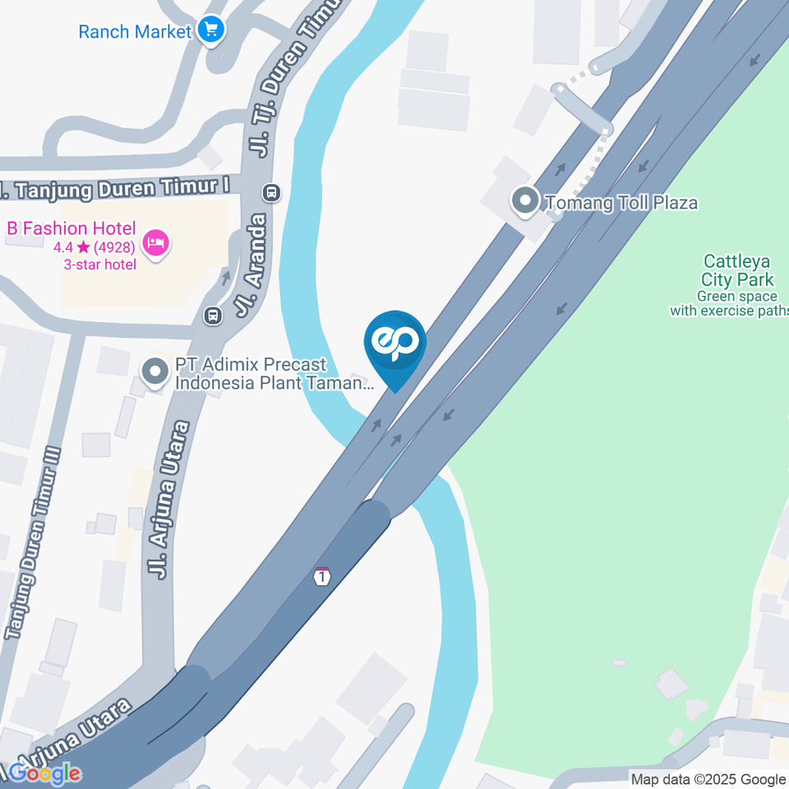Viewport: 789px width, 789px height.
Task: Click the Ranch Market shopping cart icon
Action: coord(212,31)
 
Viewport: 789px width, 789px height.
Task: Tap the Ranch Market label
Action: coord(135,32)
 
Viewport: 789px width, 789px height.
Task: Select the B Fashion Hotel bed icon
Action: coord(155,242)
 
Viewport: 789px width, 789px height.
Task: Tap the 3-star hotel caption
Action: coord(100,264)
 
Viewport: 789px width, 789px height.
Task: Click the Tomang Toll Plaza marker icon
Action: coord(524,201)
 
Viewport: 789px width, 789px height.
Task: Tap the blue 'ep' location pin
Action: coord(395,345)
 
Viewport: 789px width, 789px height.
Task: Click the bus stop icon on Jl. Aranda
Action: coord(271,192)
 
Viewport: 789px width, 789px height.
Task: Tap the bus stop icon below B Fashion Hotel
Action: coord(213,315)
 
